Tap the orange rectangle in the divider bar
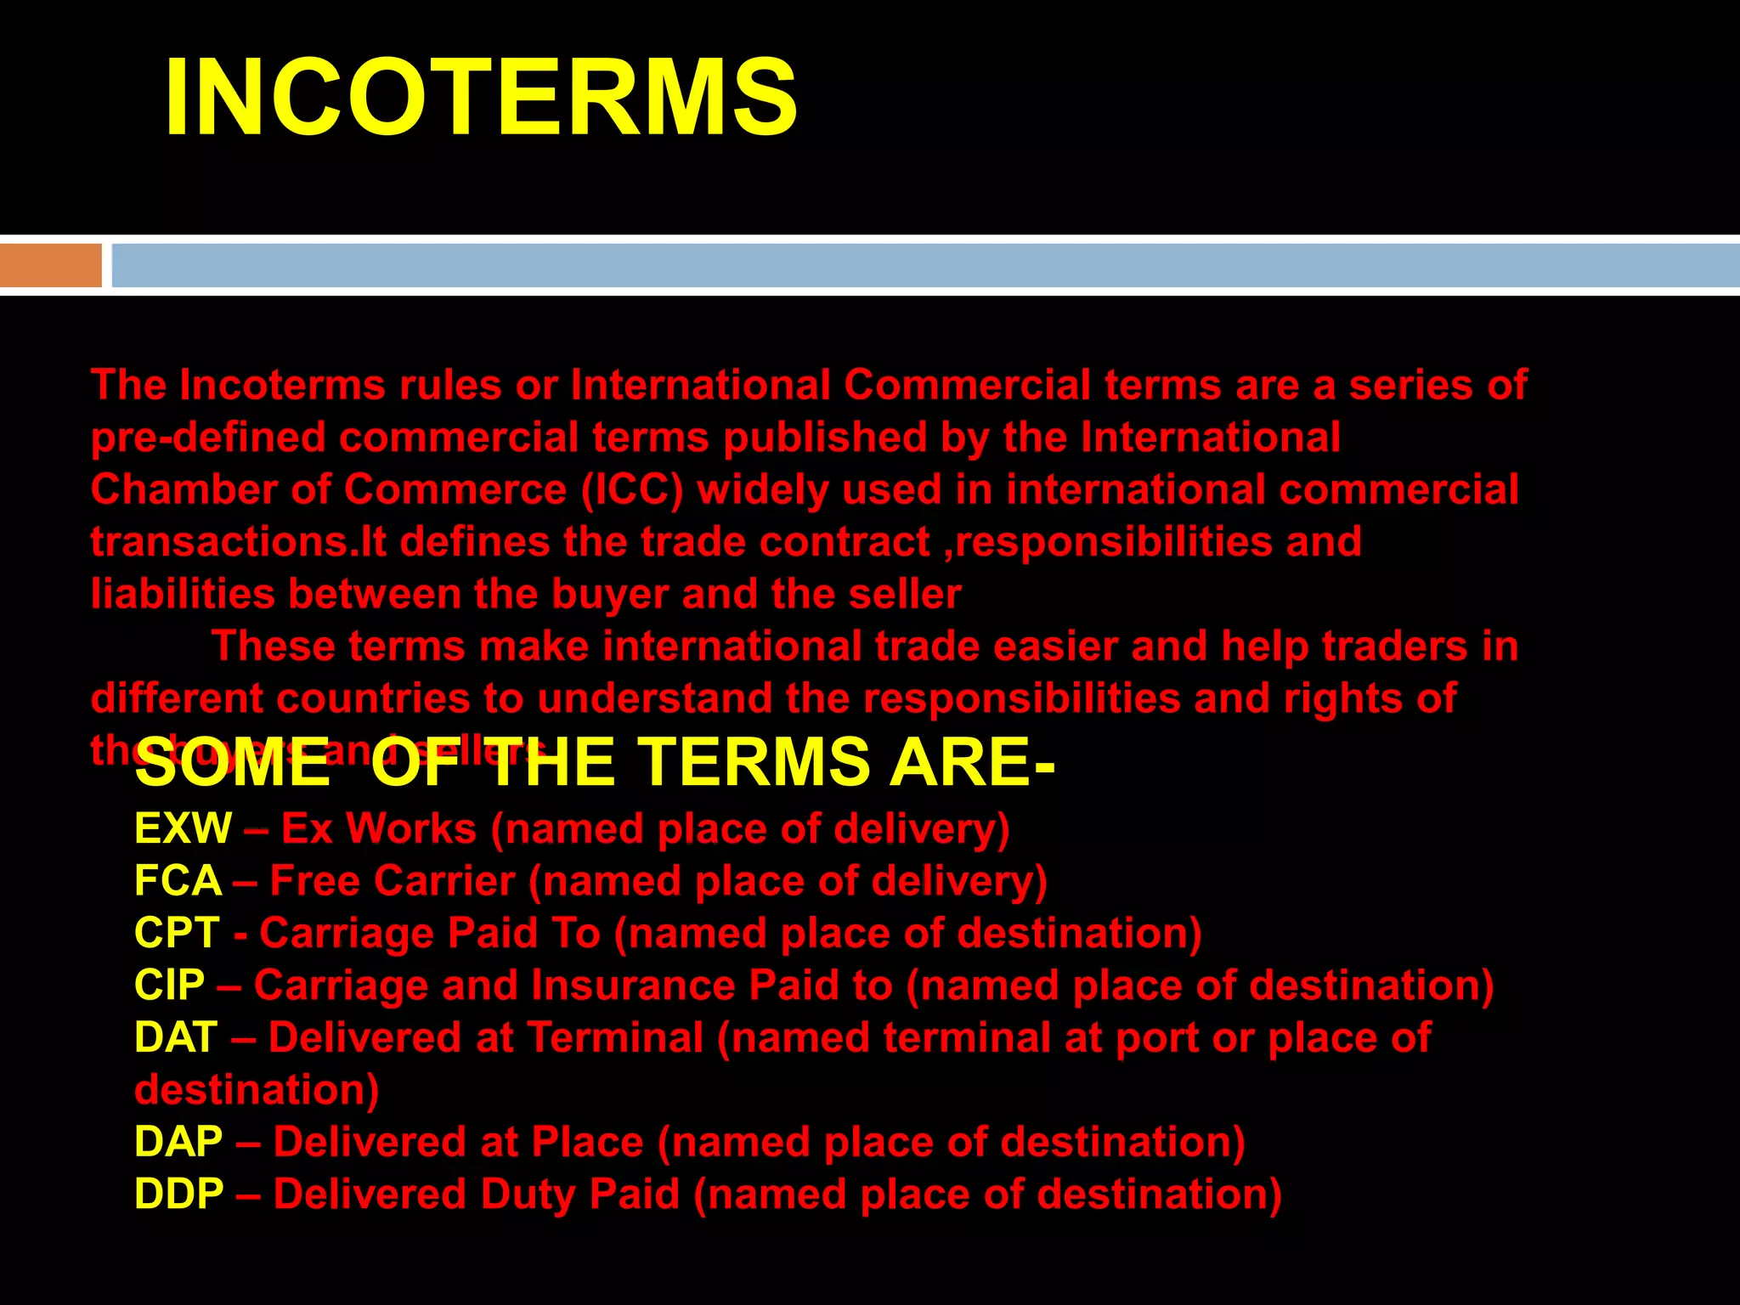click(x=50, y=265)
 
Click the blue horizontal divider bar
click(x=924, y=265)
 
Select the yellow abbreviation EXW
click(x=183, y=828)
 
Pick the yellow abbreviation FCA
click(x=178, y=881)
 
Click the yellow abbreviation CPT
click(x=177, y=933)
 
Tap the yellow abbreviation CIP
click(x=169, y=986)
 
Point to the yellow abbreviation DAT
click(x=176, y=1037)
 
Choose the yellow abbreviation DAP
click(x=178, y=1142)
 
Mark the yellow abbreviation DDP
click(x=178, y=1194)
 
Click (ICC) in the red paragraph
click(x=632, y=491)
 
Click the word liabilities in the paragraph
click(x=183, y=594)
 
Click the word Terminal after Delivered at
click(x=615, y=1037)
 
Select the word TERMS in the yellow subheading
click(x=754, y=761)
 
